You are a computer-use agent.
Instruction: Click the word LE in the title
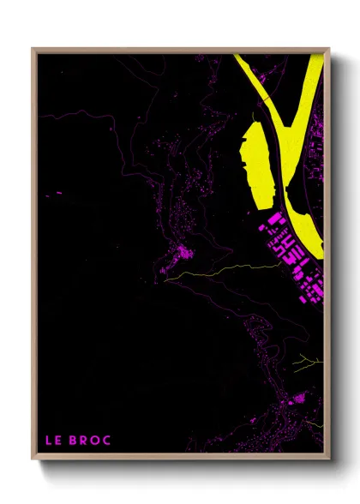point(52,441)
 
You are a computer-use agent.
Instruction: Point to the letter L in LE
point(48,441)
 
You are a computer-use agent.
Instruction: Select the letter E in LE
point(57,441)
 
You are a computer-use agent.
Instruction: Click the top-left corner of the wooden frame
point(33,49)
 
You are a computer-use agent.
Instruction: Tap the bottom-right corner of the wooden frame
point(329,460)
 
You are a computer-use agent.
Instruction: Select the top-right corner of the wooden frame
point(329,49)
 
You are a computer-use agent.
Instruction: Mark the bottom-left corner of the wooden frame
point(33,460)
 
